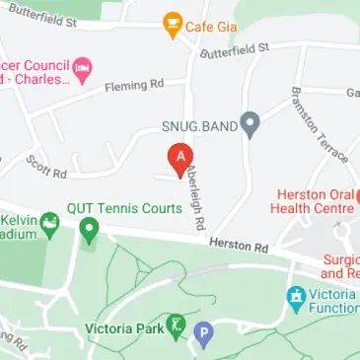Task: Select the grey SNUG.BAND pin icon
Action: (x=250, y=125)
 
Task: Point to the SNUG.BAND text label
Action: (x=199, y=125)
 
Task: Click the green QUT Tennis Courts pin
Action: (x=89, y=232)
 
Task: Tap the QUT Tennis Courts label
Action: (x=124, y=208)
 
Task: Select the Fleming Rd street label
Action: (x=134, y=86)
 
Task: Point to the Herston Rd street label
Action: (x=232, y=245)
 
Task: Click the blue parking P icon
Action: (x=204, y=335)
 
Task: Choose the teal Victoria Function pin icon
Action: (x=295, y=297)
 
